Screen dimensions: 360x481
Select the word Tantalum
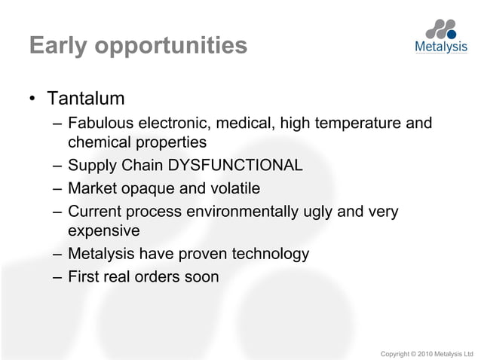click(85, 99)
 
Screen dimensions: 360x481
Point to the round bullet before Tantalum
click(33, 100)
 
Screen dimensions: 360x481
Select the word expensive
click(104, 230)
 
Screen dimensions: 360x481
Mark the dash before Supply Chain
click(57, 165)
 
